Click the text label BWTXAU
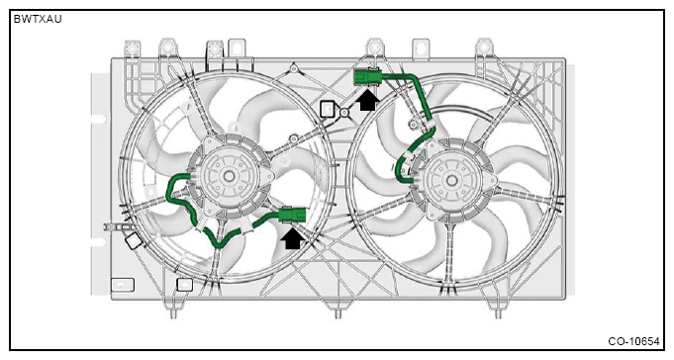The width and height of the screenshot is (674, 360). pyautogui.click(x=38, y=19)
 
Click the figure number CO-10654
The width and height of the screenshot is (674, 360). pyautogui.click(x=633, y=341)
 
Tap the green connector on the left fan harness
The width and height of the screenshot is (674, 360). pyautogui.click(x=292, y=215)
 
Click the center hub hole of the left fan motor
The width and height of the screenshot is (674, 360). pyautogui.click(x=229, y=176)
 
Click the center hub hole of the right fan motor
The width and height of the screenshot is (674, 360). pyautogui.click(x=451, y=180)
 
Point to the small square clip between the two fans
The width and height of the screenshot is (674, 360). pyautogui.click(x=328, y=109)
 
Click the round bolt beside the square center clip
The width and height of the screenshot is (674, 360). pyautogui.click(x=344, y=113)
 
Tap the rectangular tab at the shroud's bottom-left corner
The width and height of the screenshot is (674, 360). pyautogui.click(x=123, y=285)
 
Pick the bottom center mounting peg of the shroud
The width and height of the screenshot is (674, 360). pyautogui.click(x=337, y=315)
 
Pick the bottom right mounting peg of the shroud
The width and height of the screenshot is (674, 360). pyautogui.click(x=498, y=315)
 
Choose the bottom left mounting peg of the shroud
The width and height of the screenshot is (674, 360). pyautogui.click(x=173, y=315)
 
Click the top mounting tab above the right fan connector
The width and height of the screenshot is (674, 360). pyautogui.click(x=374, y=47)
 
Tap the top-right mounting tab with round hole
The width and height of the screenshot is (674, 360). pyautogui.click(x=484, y=47)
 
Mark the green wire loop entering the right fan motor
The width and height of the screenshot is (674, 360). pyautogui.click(x=403, y=167)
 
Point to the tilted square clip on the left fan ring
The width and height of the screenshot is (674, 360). pyautogui.click(x=134, y=240)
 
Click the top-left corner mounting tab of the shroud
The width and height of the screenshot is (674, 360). pyautogui.click(x=132, y=48)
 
